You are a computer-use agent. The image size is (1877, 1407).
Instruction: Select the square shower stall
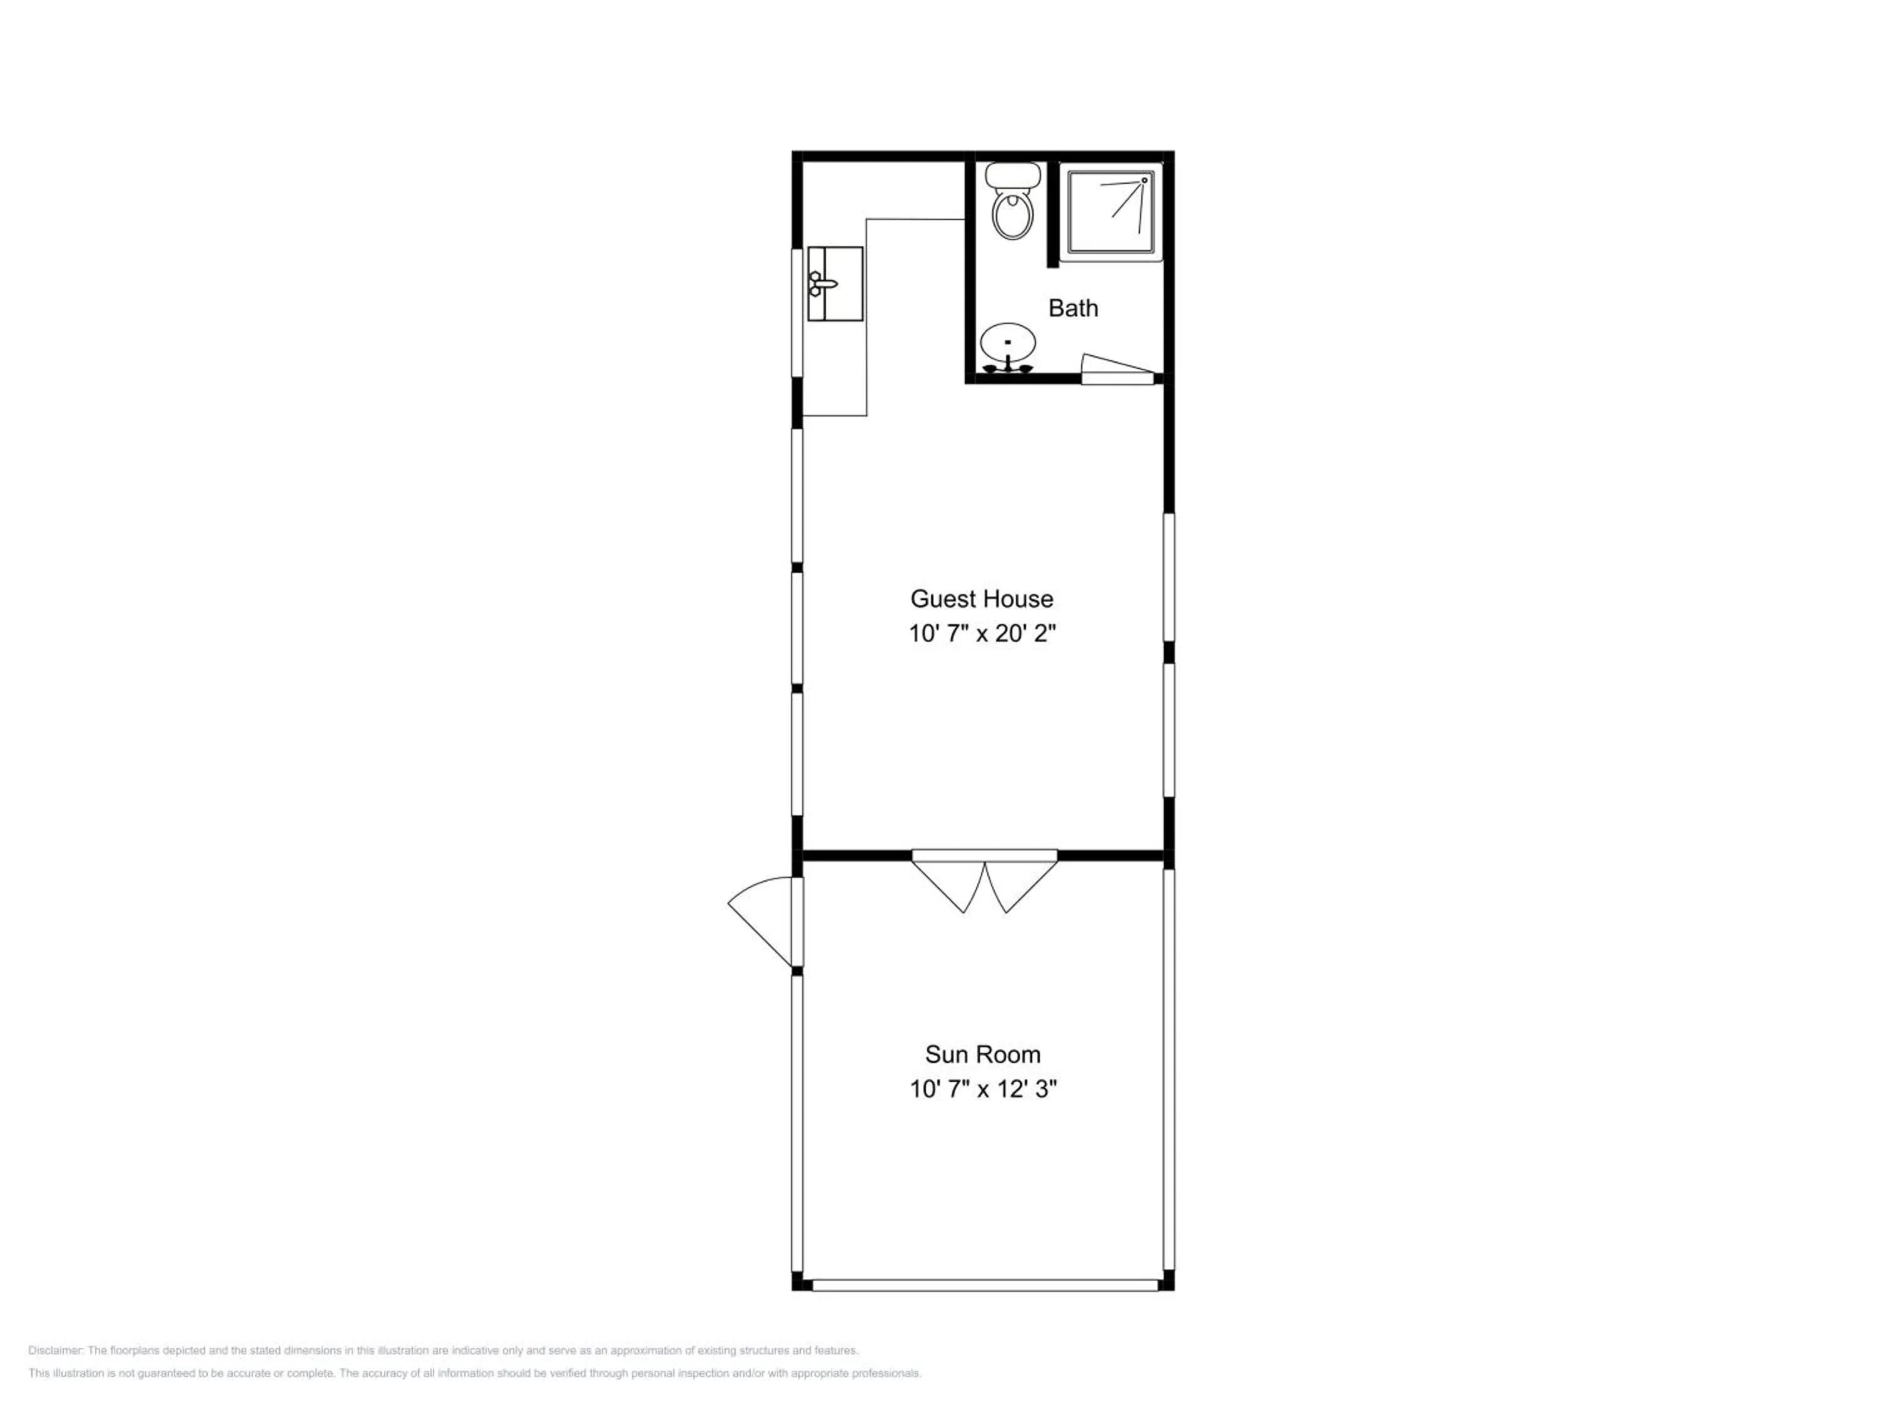pos(1111,212)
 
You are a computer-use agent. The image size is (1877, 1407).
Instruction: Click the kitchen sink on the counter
pos(835,284)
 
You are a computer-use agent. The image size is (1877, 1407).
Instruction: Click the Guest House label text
pos(982,599)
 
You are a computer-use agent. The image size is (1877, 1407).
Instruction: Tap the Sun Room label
pos(983,1054)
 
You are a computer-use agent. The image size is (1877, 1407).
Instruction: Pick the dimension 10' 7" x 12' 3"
pos(984,1089)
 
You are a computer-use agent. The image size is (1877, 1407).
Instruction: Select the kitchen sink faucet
pos(820,284)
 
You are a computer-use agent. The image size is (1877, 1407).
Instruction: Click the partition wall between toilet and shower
pos(1053,214)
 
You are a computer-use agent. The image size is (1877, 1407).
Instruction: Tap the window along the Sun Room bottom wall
pos(985,1286)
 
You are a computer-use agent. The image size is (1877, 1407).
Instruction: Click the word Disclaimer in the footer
pos(55,1350)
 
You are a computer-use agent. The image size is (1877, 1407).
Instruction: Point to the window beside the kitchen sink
pos(798,312)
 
